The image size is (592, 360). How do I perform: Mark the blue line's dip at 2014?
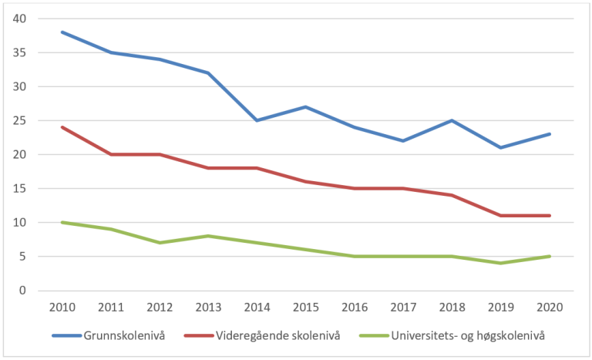(x=256, y=120)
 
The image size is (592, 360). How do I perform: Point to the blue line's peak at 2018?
(x=451, y=120)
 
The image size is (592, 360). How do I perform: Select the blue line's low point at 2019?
(x=499, y=147)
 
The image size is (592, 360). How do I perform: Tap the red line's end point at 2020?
(x=548, y=216)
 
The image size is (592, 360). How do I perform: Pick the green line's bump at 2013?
(x=207, y=236)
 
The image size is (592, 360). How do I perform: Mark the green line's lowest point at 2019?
(x=499, y=263)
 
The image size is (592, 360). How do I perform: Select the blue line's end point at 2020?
(x=548, y=134)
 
